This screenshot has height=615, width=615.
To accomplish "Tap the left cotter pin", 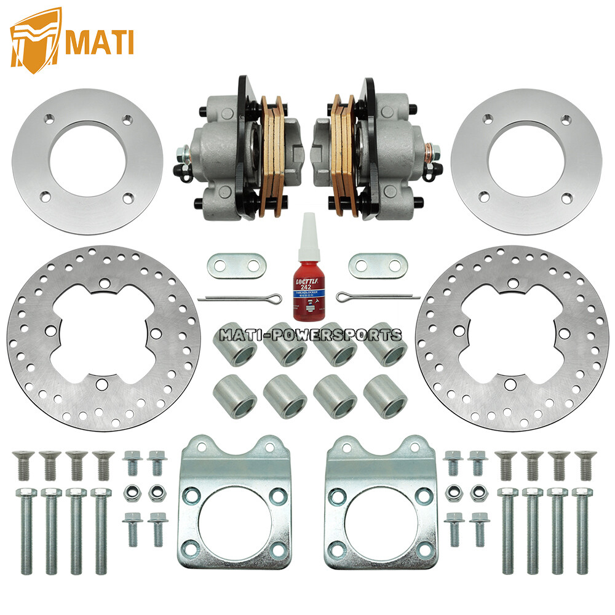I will pos(240,298).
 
